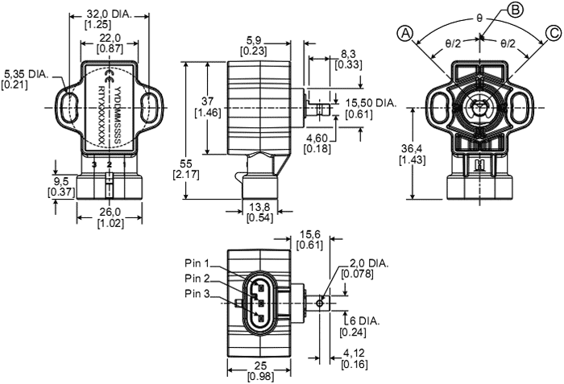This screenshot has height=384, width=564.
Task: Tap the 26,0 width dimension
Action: [x=110, y=211]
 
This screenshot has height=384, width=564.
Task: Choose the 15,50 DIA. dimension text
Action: [x=371, y=103]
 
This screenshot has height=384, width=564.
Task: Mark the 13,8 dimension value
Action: [x=259, y=208]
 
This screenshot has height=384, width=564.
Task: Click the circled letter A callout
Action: [x=405, y=33]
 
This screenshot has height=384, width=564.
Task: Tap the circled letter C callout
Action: [x=553, y=33]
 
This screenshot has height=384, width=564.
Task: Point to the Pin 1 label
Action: [x=197, y=263]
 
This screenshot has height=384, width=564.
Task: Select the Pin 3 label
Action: [x=197, y=293]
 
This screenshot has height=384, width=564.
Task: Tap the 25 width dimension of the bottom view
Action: [x=258, y=365]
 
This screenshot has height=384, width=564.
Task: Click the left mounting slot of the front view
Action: [x=70, y=106]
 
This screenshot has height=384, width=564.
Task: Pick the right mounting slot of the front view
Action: [x=149, y=106]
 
